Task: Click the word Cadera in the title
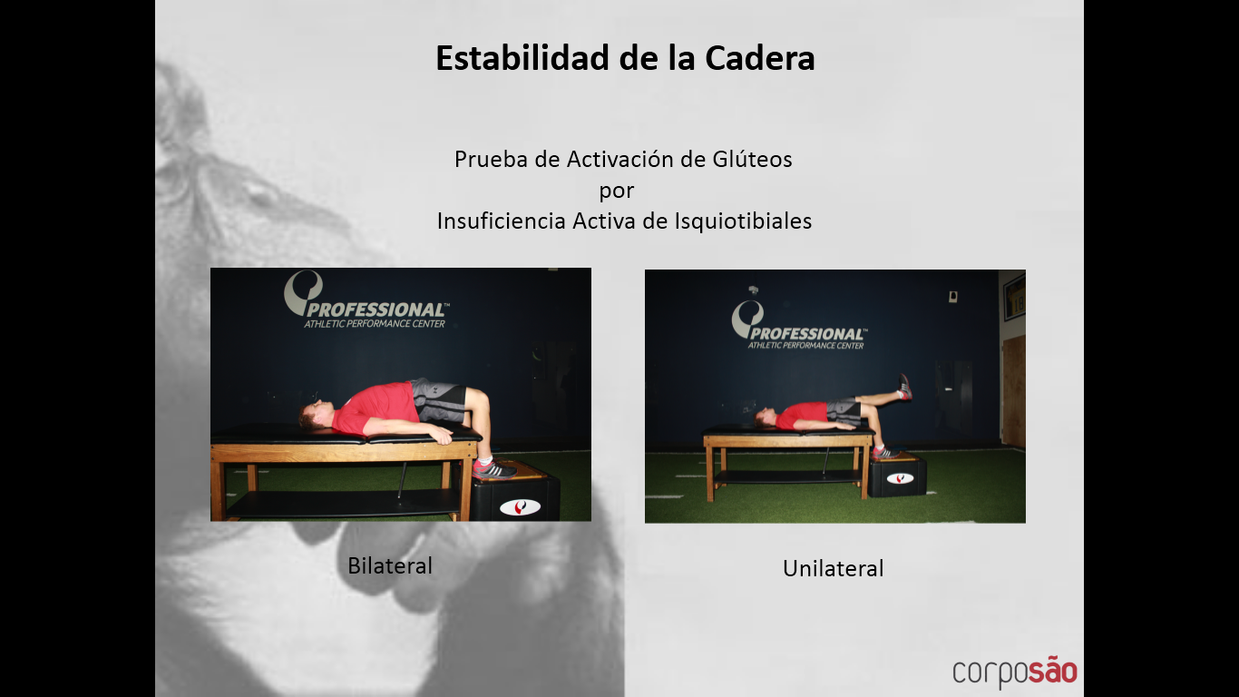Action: point(759,58)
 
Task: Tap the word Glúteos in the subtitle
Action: point(752,160)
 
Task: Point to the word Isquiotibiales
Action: point(743,221)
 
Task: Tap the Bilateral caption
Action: point(390,565)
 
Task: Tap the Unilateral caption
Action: point(833,568)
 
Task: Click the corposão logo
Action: point(1015,672)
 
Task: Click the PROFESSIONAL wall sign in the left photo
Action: point(366,300)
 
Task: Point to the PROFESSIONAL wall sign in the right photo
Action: point(799,326)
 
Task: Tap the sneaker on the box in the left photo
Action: point(494,469)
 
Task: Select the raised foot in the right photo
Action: point(905,387)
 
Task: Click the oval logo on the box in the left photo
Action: point(520,507)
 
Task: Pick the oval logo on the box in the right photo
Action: point(900,478)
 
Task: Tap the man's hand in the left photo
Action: point(443,437)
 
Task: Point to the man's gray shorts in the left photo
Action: point(437,399)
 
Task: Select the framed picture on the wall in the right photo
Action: point(1014,298)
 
